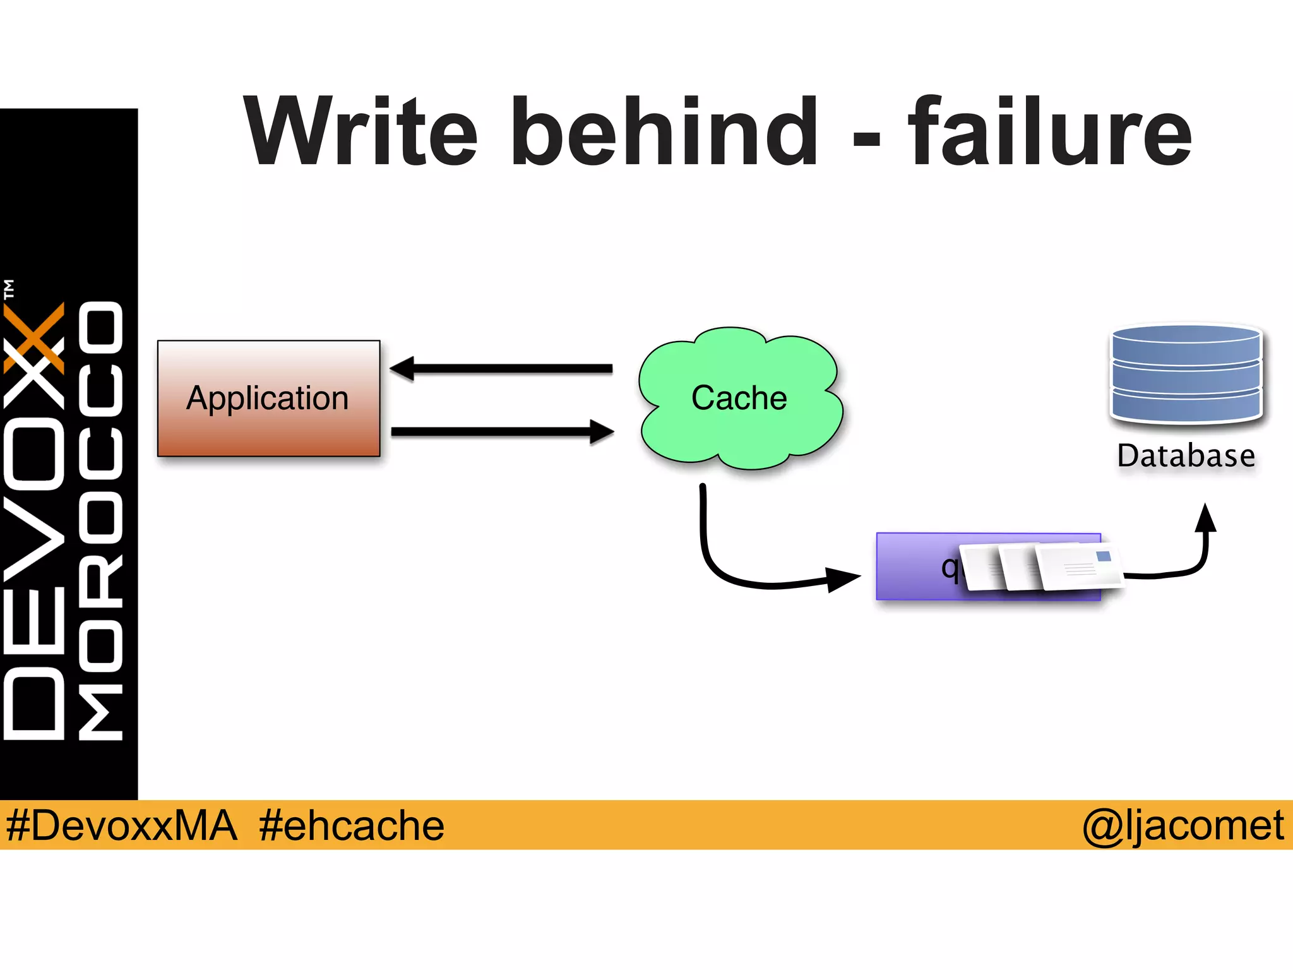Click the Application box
tap(268, 398)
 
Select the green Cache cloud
tap(739, 398)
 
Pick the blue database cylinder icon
tap(1186, 374)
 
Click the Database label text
tap(1186, 456)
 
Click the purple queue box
tap(915, 566)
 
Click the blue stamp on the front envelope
tap(1103, 556)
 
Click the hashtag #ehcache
tap(352, 825)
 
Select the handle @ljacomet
tap(1183, 825)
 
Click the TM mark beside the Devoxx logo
tap(9, 289)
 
